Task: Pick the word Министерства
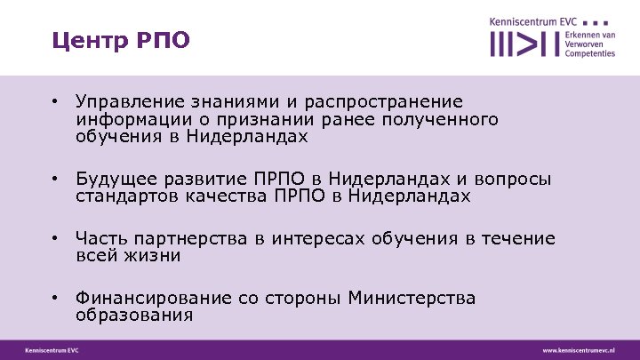412,299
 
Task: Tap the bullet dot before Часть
55,239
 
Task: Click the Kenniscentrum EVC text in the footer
52,350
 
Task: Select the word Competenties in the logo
590,53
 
